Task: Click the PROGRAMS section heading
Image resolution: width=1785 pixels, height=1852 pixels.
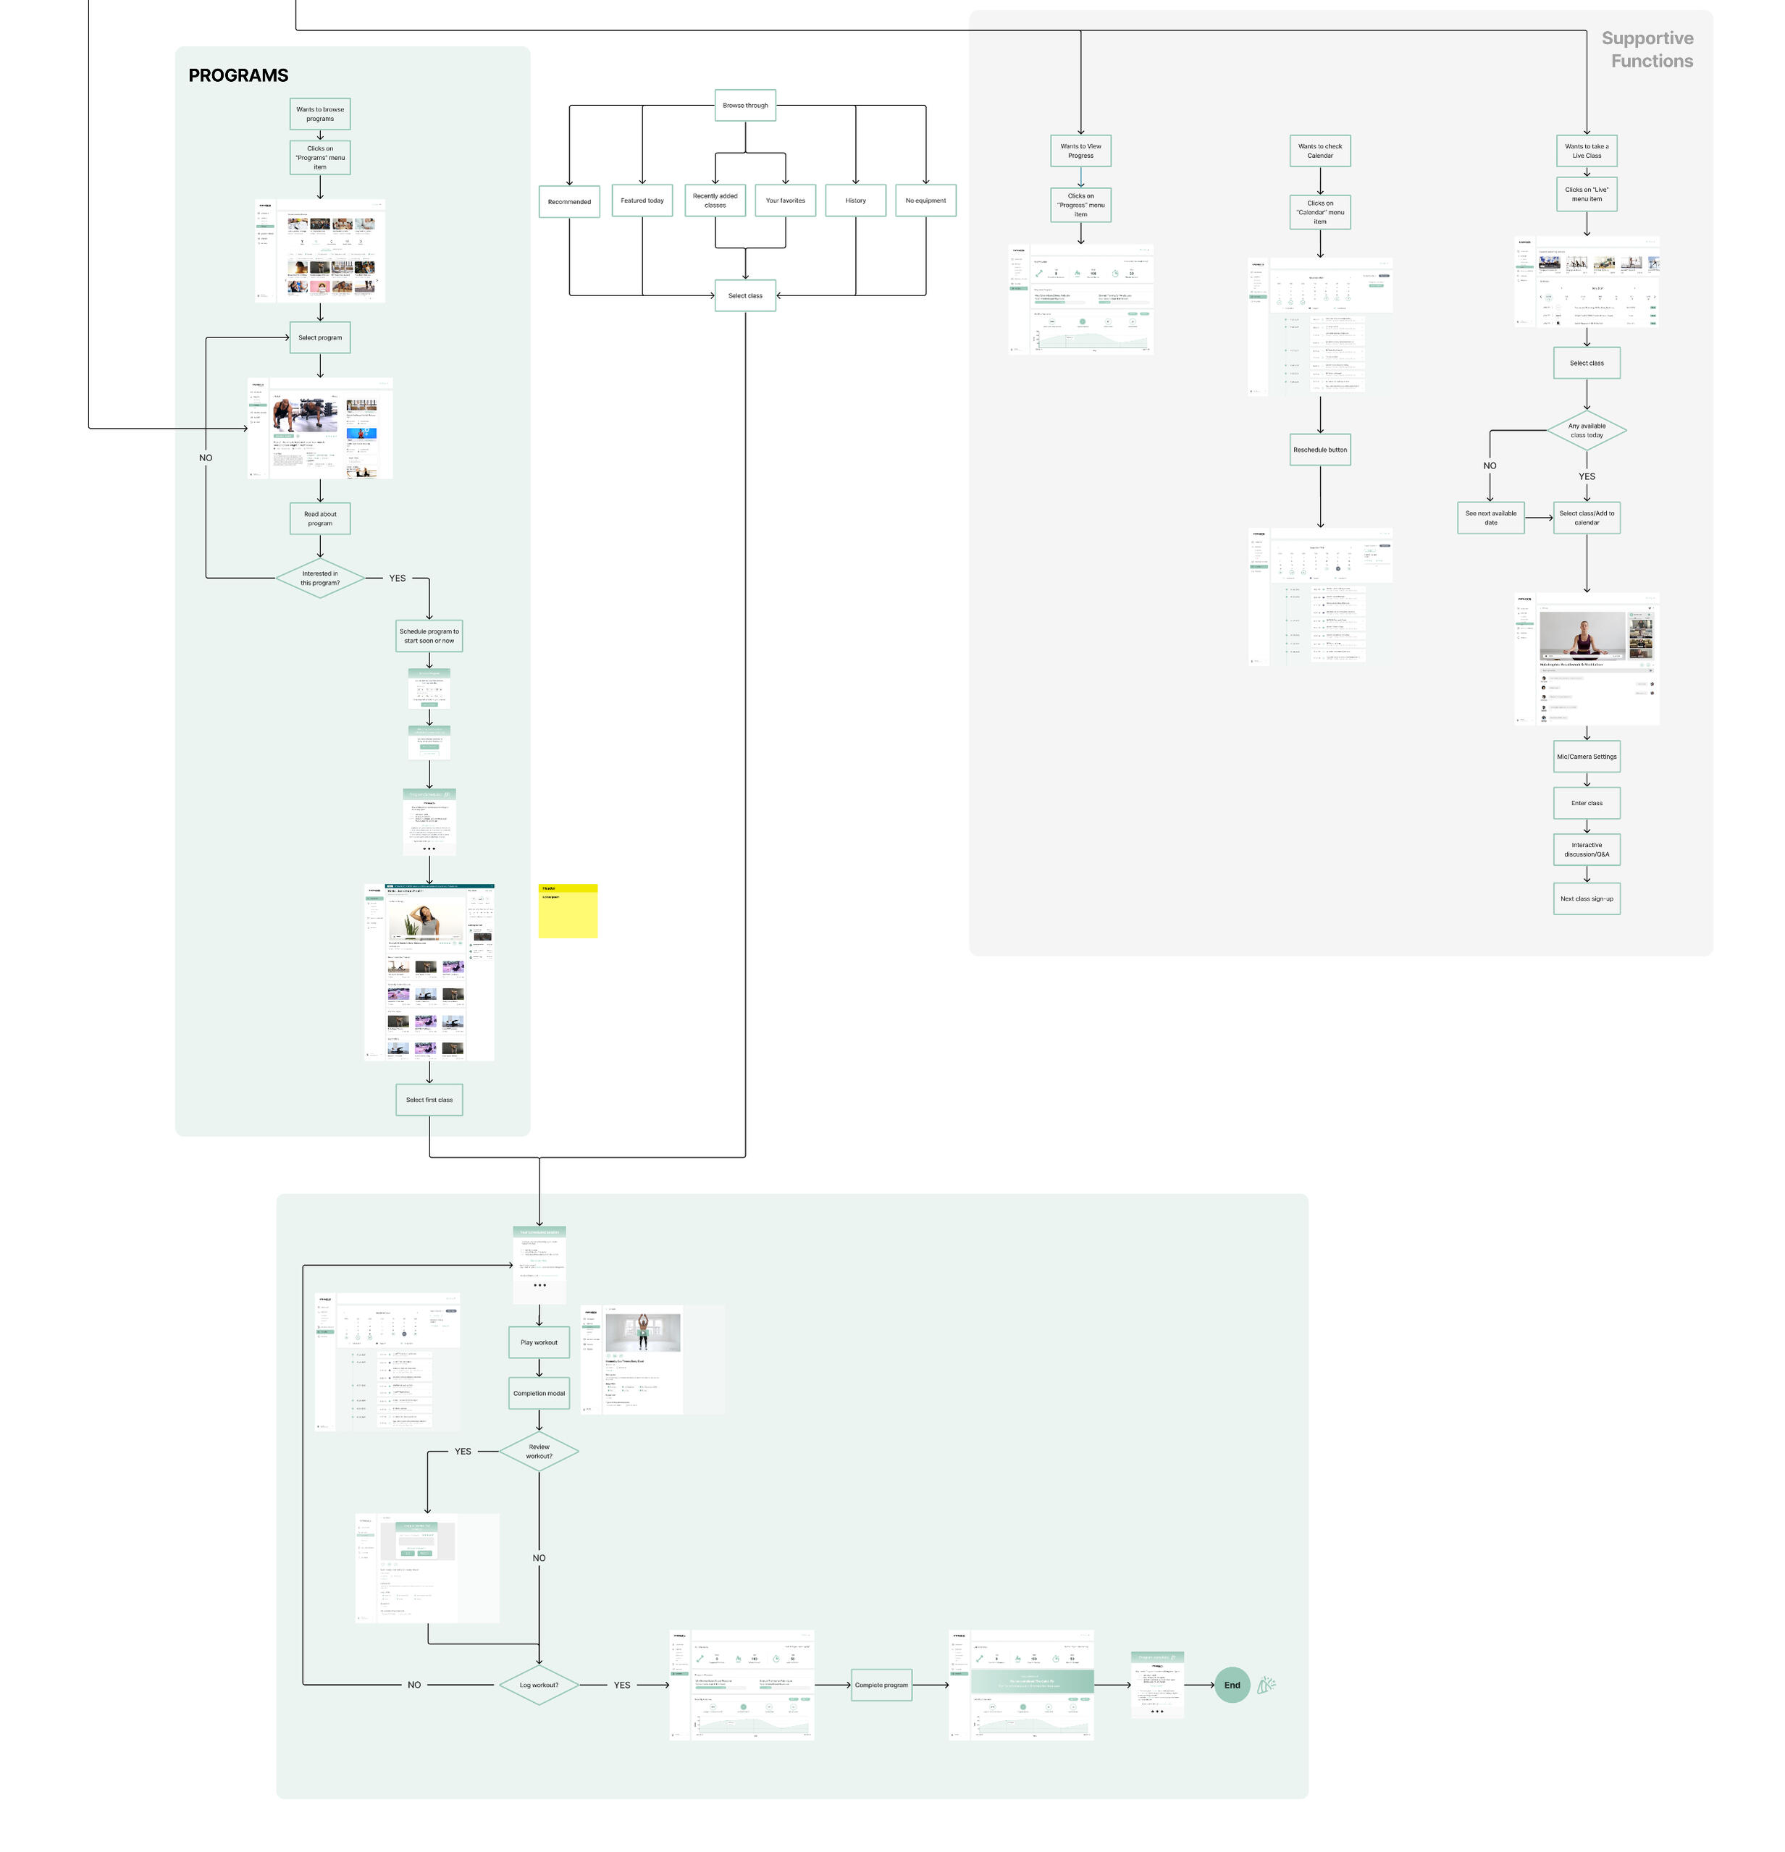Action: coord(238,75)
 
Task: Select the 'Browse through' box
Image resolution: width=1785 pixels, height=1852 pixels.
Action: coord(744,105)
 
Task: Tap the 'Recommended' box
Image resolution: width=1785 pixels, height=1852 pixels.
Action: coord(569,201)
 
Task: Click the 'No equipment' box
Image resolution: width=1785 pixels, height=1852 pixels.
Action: coord(925,201)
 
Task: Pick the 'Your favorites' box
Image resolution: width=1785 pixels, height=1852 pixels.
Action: coord(785,201)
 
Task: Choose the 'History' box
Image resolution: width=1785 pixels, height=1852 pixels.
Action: coord(855,201)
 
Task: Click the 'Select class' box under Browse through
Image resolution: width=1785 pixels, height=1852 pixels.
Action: coord(744,295)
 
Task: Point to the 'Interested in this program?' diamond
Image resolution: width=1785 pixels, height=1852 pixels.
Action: coord(319,578)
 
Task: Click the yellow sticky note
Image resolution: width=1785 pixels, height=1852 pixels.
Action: coord(568,911)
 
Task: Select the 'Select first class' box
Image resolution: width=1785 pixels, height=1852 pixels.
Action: coord(429,1100)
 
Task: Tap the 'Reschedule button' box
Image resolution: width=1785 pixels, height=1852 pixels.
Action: coord(1320,450)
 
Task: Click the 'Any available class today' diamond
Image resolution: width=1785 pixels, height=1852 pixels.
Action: coord(1587,431)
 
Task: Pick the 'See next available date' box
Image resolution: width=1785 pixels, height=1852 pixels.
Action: coord(1490,518)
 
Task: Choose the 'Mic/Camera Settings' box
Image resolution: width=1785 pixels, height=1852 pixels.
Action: coord(1587,757)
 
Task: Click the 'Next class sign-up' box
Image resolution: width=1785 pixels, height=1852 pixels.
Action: coord(1587,898)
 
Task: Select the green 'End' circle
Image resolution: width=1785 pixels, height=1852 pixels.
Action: coord(1231,1685)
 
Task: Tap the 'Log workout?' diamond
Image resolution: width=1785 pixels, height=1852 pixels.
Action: coord(539,1685)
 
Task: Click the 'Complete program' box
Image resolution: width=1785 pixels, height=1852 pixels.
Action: coord(881,1685)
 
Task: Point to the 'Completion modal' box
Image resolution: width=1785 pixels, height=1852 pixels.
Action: coord(539,1394)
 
